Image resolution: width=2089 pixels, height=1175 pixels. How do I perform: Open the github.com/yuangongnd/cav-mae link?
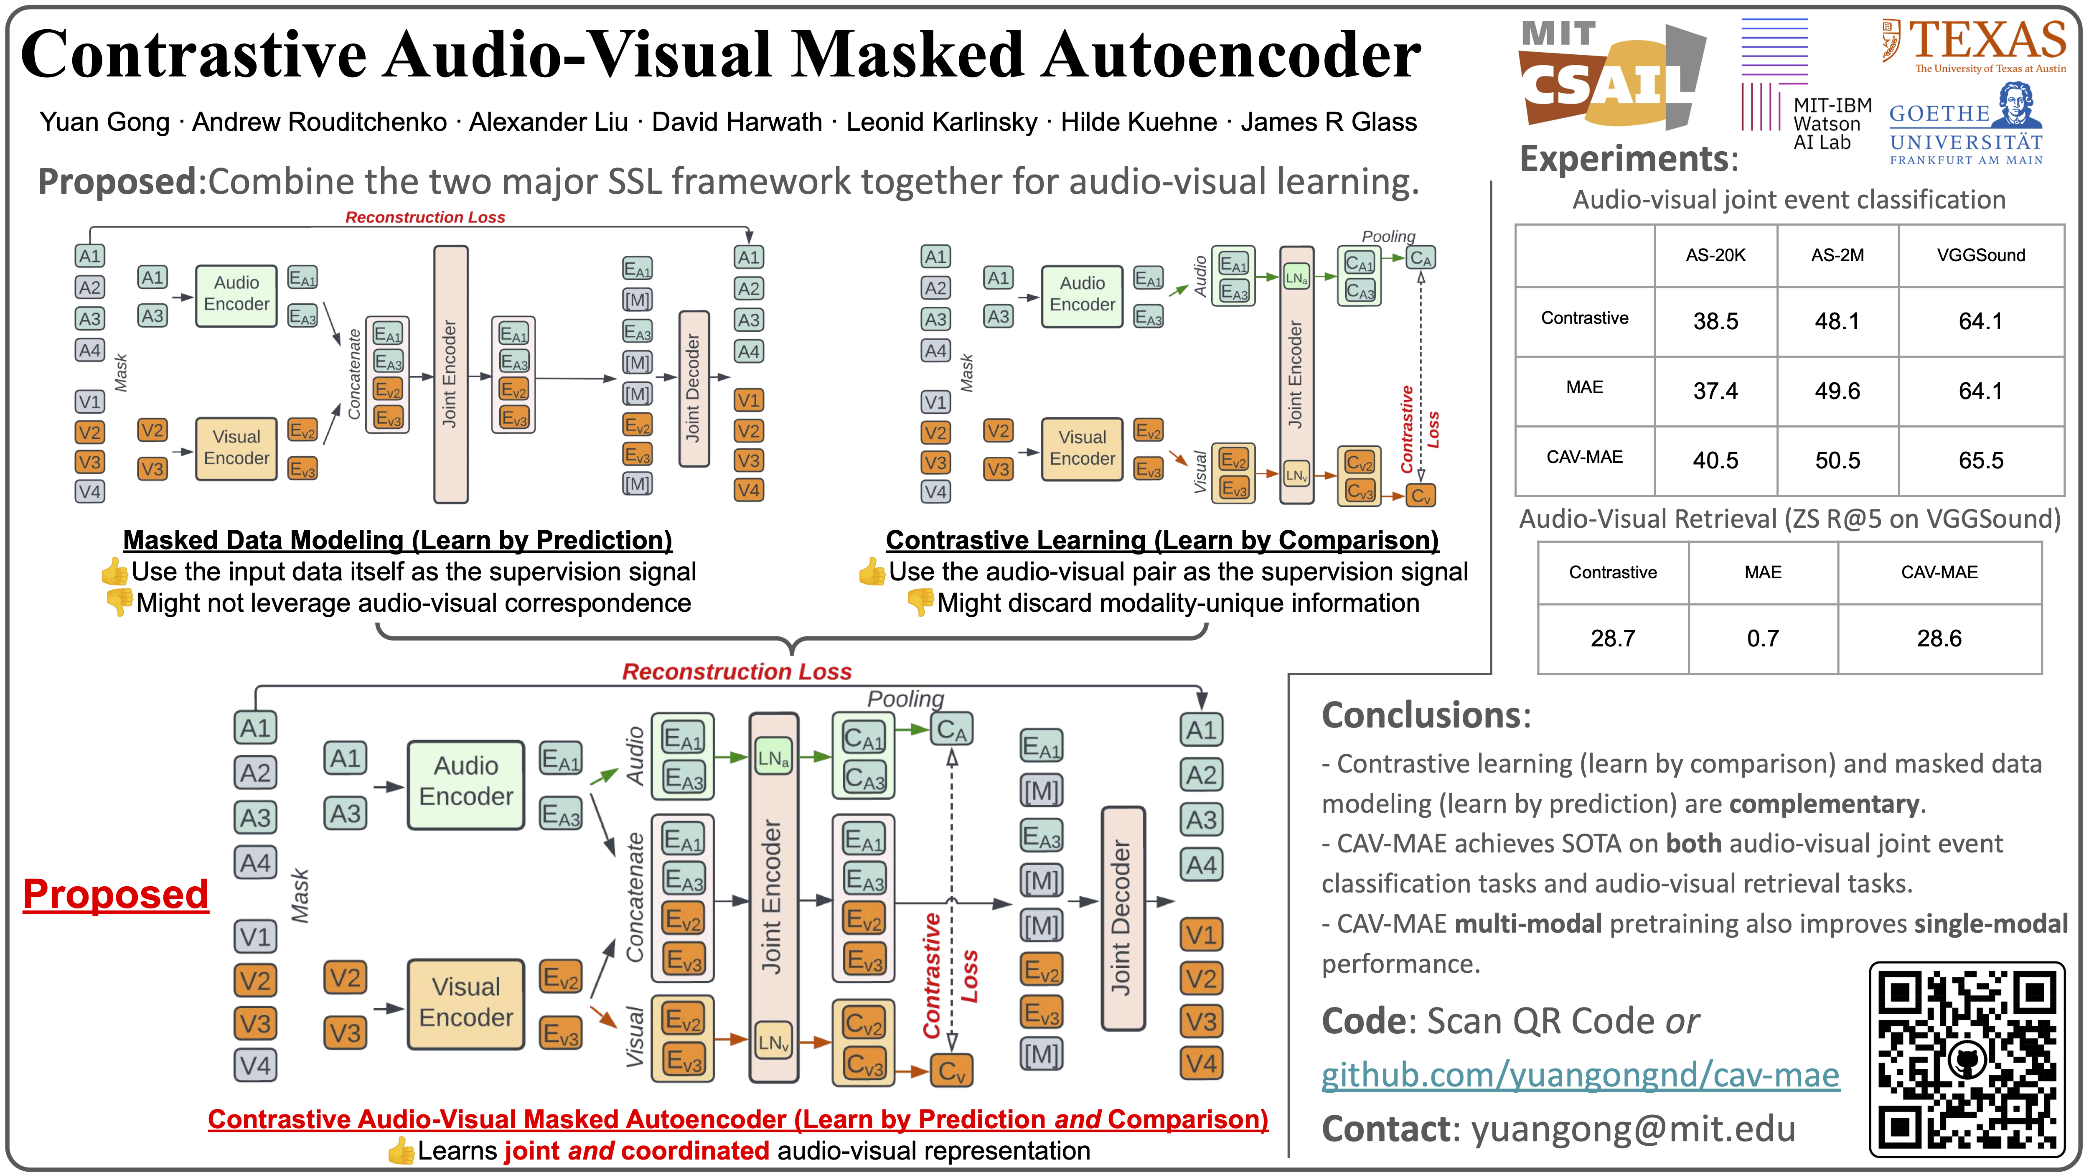click(1580, 1075)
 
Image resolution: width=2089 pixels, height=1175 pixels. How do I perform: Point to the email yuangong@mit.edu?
click(1632, 1129)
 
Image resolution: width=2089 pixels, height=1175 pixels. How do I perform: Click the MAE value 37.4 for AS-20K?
click(1715, 391)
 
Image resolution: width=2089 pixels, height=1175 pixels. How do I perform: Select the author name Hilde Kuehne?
click(1139, 122)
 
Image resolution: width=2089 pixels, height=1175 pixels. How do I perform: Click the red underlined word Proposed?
click(115, 895)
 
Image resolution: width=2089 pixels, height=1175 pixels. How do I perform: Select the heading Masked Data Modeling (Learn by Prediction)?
click(397, 540)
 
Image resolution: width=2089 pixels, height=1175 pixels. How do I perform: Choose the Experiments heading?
click(1629, 158)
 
